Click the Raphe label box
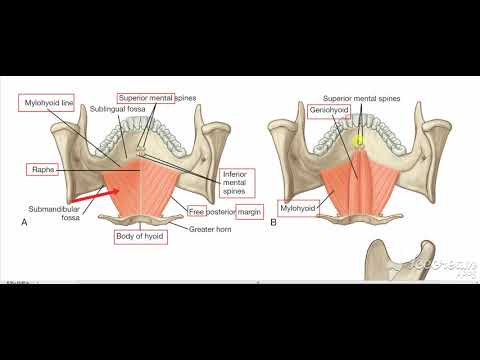pyautogui.click(x=42, y=171)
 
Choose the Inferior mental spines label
pyautogui.click(x=236, y=184)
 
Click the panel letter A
pyautogui.click(x=23, y=223)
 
